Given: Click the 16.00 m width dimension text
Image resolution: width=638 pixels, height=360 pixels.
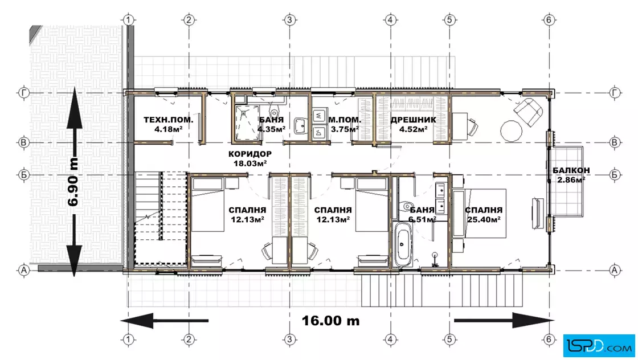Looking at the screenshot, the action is [x=330, y=321].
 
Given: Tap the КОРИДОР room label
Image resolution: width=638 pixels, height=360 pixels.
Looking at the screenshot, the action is [x=250, y=154].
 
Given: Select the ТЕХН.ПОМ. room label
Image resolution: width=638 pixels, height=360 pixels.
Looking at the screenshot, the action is [x=169, y=120].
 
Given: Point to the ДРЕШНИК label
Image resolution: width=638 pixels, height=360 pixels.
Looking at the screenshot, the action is [x=414, y=120].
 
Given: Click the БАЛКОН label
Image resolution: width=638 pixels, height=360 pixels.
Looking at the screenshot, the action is [x=571, y=170].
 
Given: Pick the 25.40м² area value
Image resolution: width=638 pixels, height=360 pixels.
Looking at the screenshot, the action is [x=484, y=220].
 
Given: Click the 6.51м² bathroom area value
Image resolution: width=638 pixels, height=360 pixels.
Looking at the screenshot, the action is [x=422, y=220].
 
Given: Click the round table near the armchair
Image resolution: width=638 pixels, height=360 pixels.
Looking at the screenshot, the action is [x=511, y=131].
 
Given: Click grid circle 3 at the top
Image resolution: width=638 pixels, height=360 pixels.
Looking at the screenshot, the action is [x=289, y=19].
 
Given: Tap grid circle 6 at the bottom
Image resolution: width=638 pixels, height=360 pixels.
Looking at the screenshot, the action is [x=549, y=339].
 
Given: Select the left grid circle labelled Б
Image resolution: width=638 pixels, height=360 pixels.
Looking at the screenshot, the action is [x=23, y=175].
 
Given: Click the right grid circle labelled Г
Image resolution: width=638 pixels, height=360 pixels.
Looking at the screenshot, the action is [x=615, y=93].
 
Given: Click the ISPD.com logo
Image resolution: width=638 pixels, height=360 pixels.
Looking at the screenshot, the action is [x=599, y=346].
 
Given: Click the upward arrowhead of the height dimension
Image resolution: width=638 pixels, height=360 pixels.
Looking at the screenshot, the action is [x=73, y=108].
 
